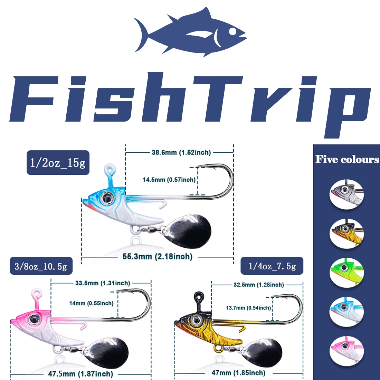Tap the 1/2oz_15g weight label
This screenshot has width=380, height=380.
click(x=58, y=162)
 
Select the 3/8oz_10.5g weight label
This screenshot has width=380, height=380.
click(x=41, y=266)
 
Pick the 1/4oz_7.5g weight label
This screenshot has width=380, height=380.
click(x=272, y=266)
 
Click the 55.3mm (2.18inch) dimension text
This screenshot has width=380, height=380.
click(x=157, y=257)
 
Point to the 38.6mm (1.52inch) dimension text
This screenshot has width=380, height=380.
click(x=181, y=152)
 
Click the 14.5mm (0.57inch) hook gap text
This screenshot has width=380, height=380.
click(x=169, y=180)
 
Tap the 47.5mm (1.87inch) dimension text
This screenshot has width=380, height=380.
click(x=80, y=374)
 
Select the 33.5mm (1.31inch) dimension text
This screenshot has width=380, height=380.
click(x=103, y=283)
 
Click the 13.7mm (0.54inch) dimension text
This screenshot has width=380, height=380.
click(x=248, y=308)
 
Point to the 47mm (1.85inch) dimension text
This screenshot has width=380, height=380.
click(x=238, y=373)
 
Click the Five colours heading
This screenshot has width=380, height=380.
click(x=347, y=159)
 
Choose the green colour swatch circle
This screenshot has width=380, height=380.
click(x=346, y=273)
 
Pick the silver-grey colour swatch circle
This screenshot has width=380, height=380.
click(x=346, y=194)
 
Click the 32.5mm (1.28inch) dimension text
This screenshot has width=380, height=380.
click(x=259, y=285)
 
